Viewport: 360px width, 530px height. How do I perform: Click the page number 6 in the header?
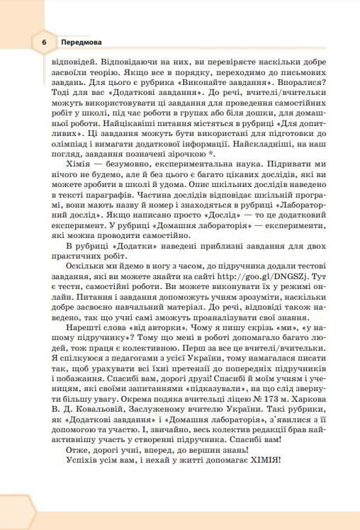(x=43, y=43)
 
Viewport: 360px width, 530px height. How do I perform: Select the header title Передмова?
(x=81, y=43)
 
